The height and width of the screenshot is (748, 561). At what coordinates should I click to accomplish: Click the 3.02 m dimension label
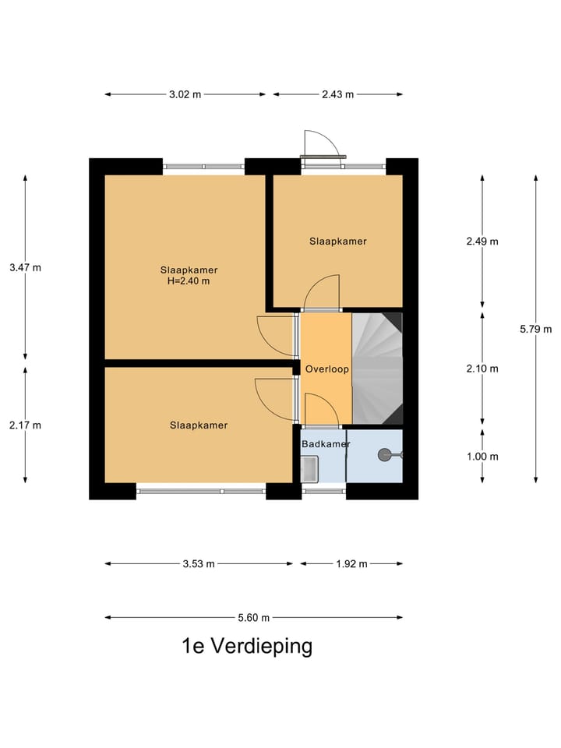click(x=185, y=95)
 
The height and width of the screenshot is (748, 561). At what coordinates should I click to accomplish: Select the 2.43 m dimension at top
click(x=338, y=95)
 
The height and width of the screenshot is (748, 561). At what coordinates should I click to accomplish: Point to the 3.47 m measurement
click(x=25, y=267)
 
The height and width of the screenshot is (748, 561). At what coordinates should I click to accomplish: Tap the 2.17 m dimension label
click(x=25, y=425)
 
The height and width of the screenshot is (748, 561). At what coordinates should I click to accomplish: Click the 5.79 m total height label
click(x=535, y=329)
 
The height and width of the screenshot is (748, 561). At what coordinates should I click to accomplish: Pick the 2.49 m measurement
click(x=482, y=241)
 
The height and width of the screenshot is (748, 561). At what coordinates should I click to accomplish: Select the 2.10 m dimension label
click(x=482, y=369)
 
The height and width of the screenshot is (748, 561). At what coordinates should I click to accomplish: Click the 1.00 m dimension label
click(x=482, y=457)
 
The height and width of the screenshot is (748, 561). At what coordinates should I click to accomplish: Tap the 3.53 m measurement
click(x=199, y=564)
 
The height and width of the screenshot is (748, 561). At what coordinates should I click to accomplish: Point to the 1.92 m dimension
click(x=351, y=564)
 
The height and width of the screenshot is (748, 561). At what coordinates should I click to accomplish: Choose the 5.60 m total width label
click(x=253, y=618)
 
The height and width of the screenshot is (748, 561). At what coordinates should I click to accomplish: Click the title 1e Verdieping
click(x=246, y=647)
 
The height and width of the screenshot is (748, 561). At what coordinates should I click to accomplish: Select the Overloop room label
click(x=326, y=369)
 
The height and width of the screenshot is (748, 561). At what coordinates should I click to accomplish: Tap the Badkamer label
click(x=326, y=444)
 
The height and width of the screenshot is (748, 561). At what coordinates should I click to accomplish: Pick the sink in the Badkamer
click(x=309, y=469)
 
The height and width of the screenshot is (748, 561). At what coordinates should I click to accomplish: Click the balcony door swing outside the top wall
click(x=319, y=143)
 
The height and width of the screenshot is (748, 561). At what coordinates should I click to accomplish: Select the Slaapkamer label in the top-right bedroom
click(x=337, y=242)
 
